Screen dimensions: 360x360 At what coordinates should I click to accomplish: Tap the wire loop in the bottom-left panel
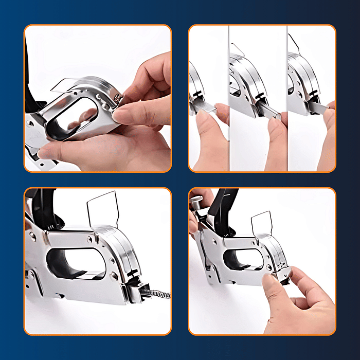coord(103,208)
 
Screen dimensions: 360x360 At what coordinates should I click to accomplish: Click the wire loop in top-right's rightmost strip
coord(294,44)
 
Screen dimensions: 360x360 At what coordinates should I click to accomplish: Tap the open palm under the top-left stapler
coord(103,154)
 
